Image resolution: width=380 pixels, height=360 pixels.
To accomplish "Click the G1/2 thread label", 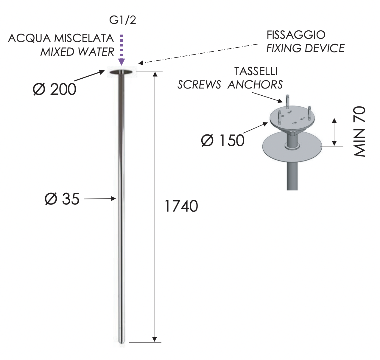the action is [x=122, y=20].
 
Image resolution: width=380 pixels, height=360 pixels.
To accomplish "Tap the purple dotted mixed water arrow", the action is [x=122, y=50].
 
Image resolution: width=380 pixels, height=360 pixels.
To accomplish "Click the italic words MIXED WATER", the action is [x=77, y=52].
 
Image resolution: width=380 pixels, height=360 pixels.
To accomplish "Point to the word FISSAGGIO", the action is [x=296, y=35].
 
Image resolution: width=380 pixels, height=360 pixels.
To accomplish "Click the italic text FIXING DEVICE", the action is [x=305, y=48].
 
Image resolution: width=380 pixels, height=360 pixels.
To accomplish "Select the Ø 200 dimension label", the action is [x=54, y=89].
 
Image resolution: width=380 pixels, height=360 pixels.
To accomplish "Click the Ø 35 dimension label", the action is [x=62, y=199].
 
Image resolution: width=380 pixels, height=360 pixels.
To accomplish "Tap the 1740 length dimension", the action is [x=181, y=206].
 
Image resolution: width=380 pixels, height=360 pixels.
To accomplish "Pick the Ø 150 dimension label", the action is [x=223, y=140].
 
